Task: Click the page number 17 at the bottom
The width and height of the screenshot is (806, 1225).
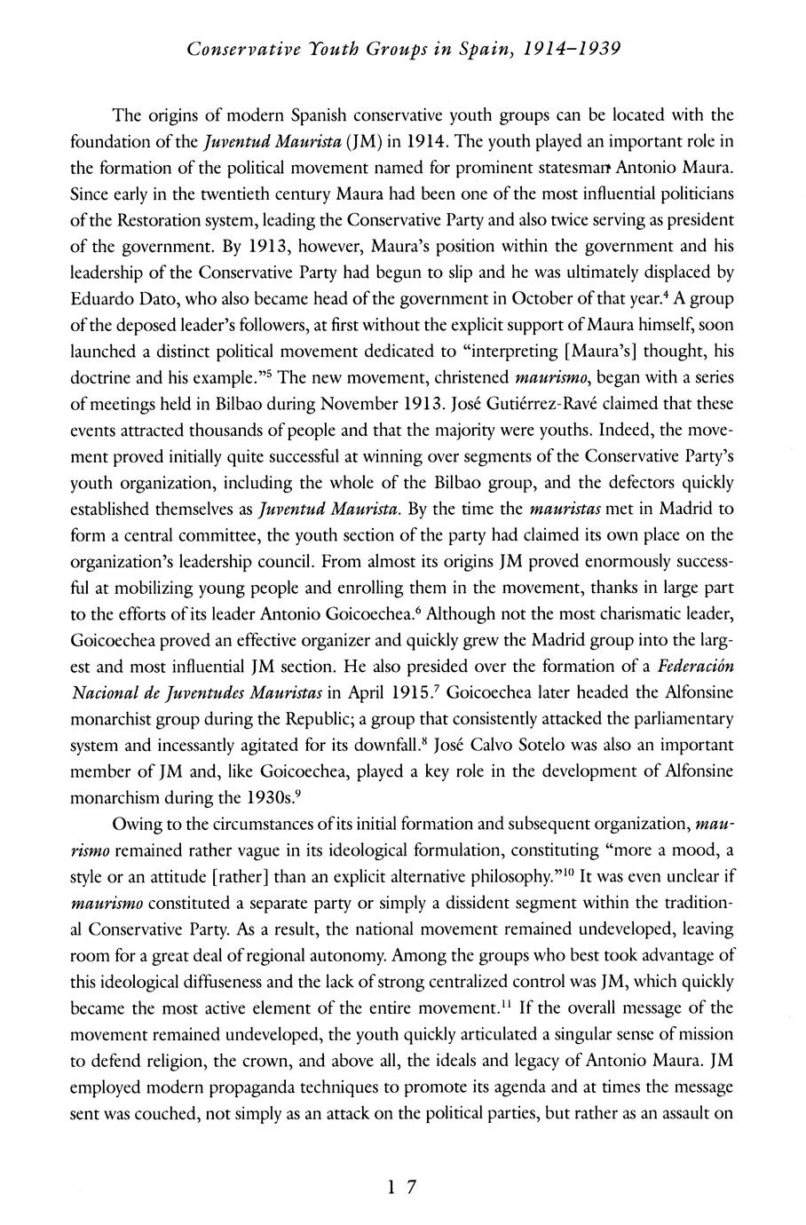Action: point(402,1187)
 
